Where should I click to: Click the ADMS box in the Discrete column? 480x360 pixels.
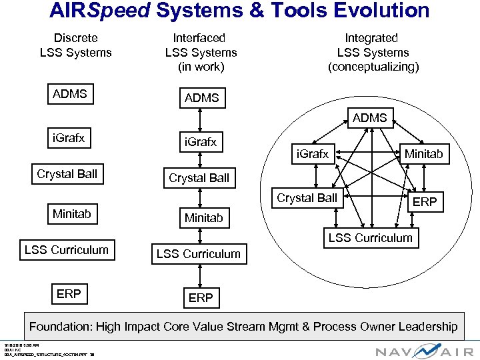[69, 94]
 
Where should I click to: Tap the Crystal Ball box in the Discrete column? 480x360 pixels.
[67, 174]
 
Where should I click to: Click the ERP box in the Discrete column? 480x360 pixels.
[69, 294]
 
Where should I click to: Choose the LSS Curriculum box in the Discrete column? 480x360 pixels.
[66, 250]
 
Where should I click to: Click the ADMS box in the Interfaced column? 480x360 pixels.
[201, 98]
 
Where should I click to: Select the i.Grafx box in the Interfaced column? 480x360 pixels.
[200, 142]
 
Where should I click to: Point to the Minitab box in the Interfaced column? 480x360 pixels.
[204, 218]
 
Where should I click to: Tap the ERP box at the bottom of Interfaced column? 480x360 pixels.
[201, 298]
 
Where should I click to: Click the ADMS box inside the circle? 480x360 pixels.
[370, 118]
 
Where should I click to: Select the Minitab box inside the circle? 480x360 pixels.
[424, 154]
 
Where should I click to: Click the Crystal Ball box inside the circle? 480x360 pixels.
[307, 198]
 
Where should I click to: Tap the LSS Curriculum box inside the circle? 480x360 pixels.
[370, 238]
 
